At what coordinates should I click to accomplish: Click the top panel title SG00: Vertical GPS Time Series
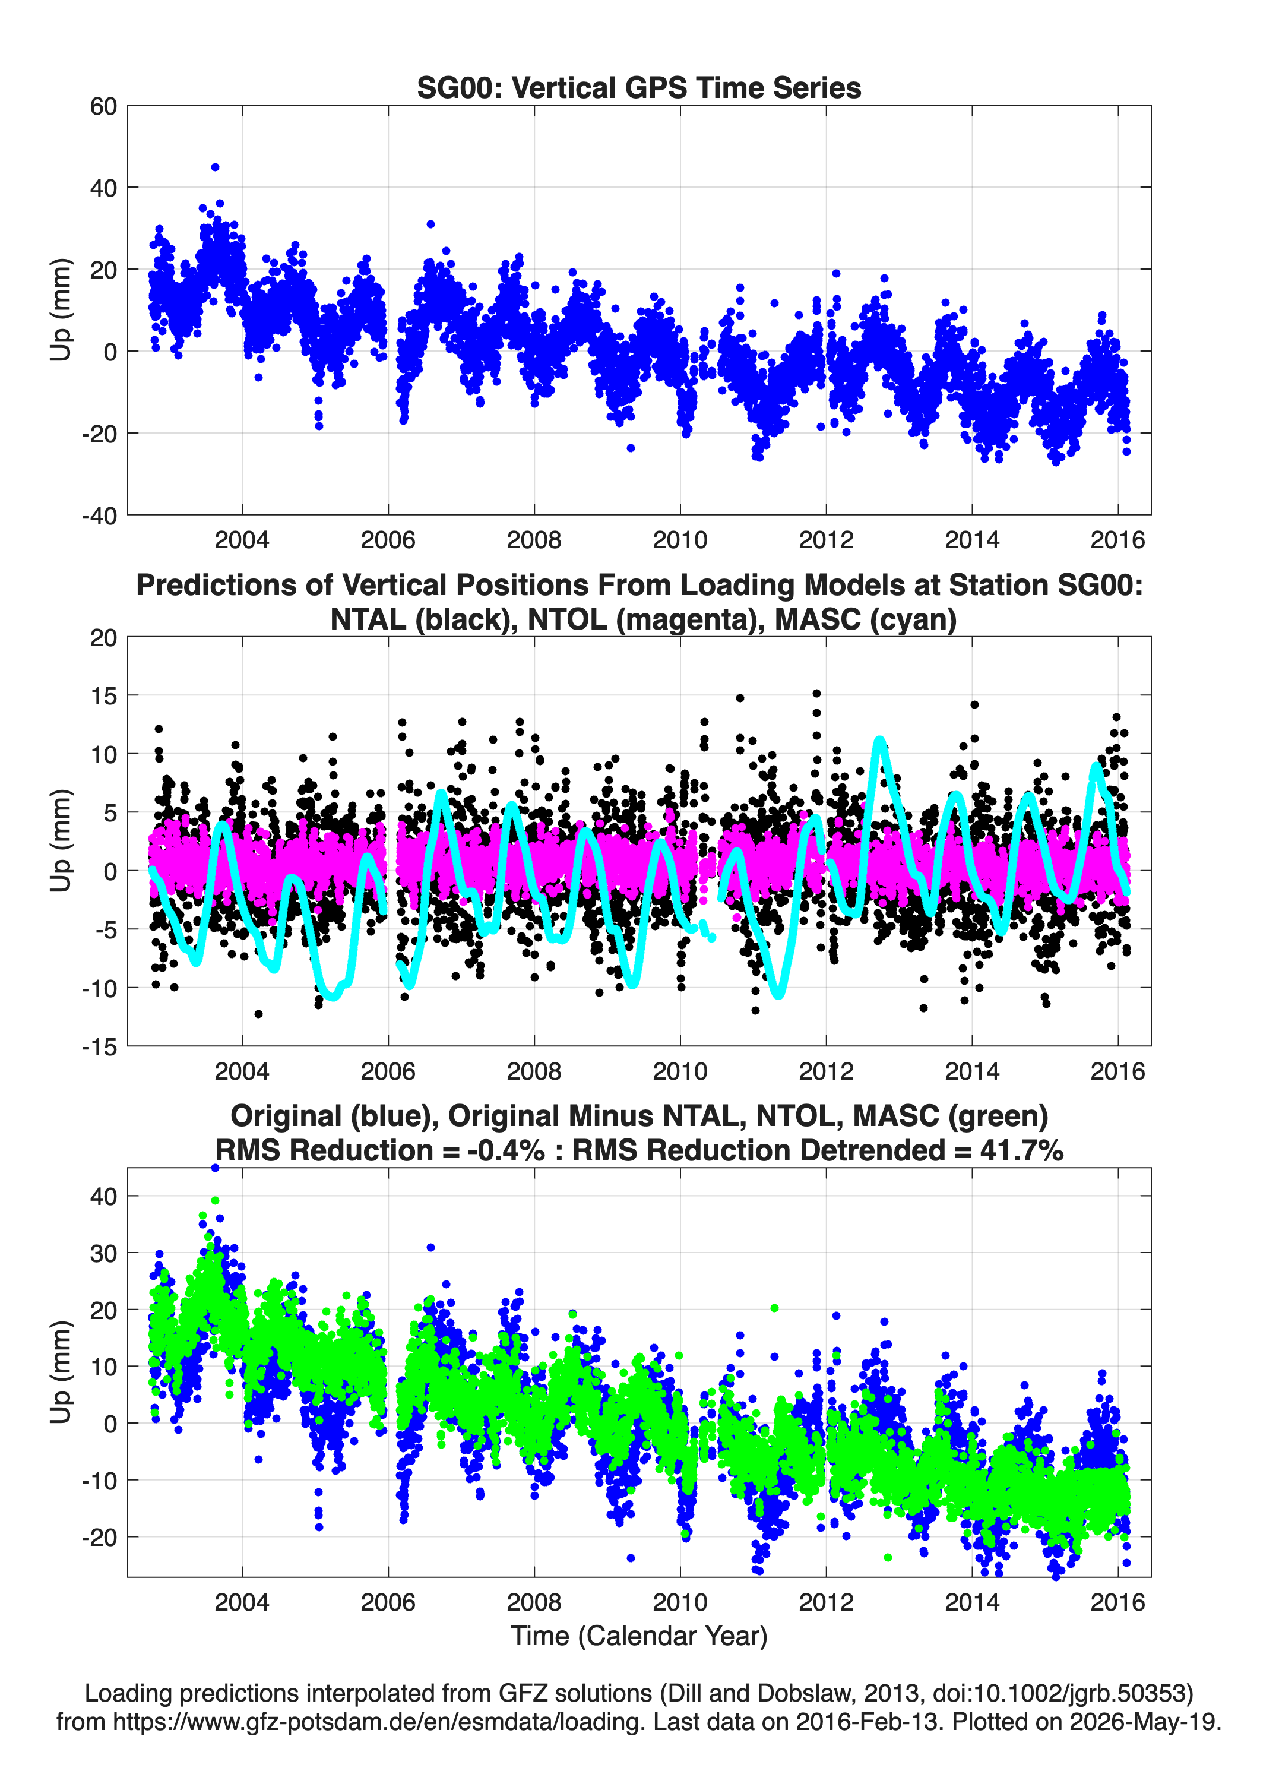click(639, 87)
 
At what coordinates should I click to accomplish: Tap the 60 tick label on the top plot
click(103, 106)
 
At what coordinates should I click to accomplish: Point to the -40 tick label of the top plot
click(99, 516)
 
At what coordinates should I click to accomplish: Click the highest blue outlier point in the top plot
click(216, 167)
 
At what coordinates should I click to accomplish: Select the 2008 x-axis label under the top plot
click(534, 540)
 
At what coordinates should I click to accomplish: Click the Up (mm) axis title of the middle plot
click(61, 841)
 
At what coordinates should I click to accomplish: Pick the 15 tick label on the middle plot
click(103, 696)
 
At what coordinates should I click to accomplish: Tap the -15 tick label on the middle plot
click(99, 1046)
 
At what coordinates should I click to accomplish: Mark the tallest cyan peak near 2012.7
click(880, 739)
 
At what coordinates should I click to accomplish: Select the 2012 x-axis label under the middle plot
click(826, 1071)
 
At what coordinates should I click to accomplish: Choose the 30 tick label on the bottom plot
click(103, 1253)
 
